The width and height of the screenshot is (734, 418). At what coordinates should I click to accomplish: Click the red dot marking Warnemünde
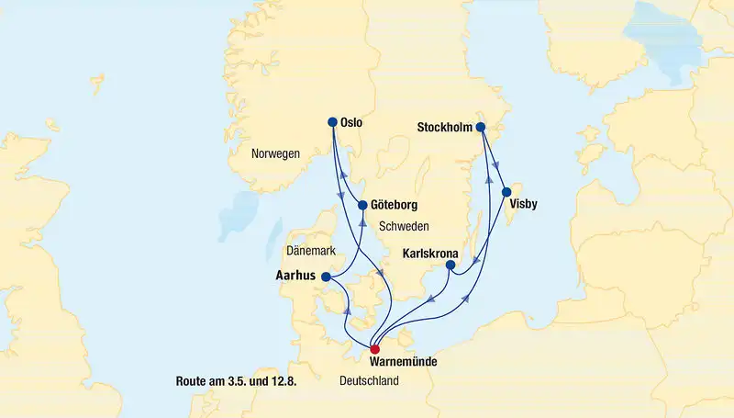374,349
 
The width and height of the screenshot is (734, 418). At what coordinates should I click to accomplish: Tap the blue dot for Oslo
332,121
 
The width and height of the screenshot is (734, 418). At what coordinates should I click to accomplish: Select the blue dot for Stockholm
478,128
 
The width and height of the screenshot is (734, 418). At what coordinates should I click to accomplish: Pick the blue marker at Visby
506,192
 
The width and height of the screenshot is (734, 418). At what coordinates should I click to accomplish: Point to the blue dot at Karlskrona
450,266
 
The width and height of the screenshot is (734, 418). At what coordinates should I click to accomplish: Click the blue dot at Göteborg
362,205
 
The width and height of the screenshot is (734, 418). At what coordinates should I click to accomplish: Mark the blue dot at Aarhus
326,276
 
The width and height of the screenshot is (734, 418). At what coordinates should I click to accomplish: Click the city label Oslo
351,121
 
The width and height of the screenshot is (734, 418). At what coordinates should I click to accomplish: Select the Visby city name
524,204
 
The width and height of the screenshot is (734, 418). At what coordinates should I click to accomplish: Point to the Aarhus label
295,276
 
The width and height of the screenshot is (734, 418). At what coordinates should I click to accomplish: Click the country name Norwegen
275,154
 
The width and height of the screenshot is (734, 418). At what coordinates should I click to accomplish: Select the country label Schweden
405,226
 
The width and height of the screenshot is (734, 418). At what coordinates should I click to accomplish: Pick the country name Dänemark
312,250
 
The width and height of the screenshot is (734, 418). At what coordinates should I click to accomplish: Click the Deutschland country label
369,380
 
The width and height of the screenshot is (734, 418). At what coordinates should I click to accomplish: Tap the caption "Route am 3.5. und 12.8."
240,380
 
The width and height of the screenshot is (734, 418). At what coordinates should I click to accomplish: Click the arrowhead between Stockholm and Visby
495,165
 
